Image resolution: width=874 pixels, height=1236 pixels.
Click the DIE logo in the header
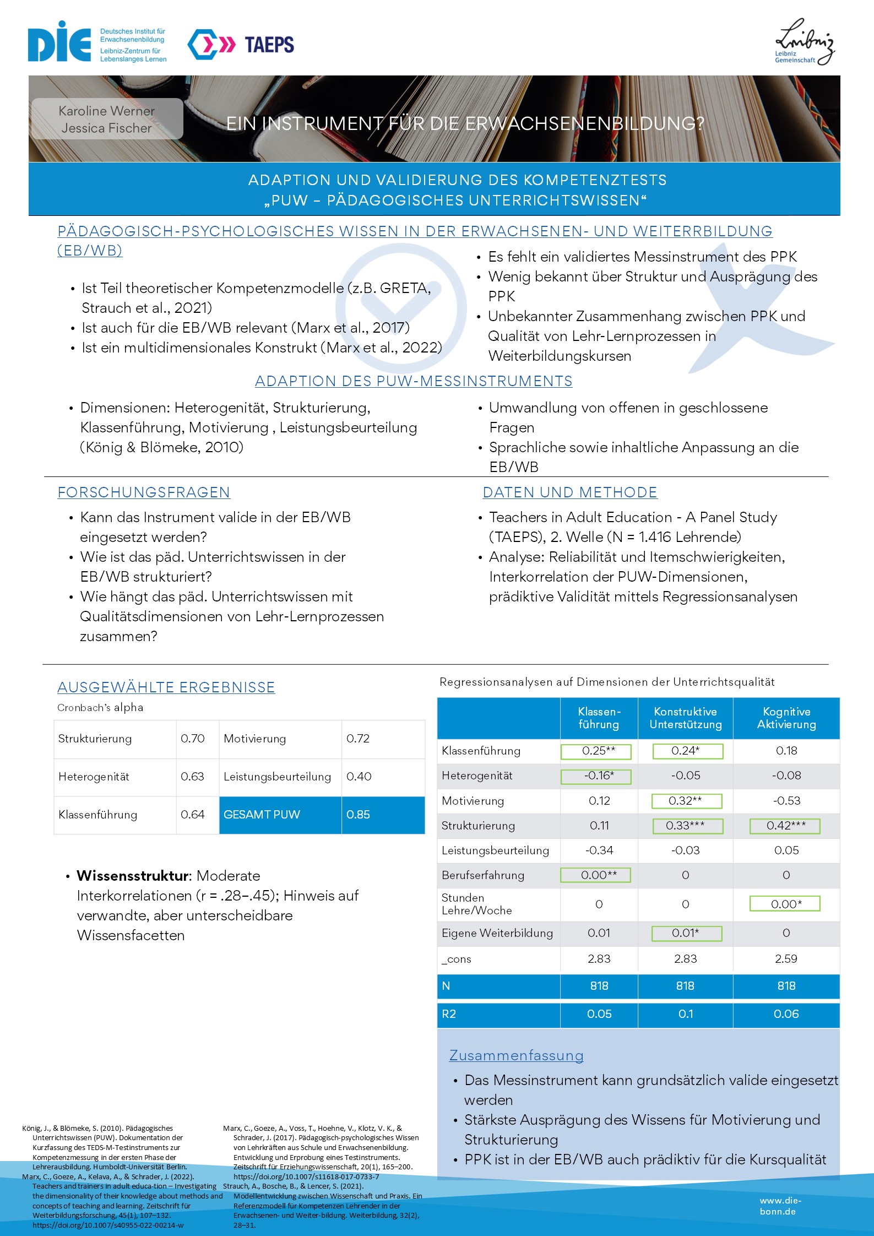pyautogui.click(x=59, y=43)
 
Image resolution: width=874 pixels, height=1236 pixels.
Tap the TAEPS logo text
pyautogui.click(x=269, y=45)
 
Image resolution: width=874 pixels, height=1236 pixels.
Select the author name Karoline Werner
pyautogui.click(x=107, y=111)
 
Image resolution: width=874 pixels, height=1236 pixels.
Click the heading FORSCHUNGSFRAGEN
pyautogui.click(x=144, y=492)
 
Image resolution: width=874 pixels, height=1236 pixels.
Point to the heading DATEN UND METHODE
pyautogui.click(x=570, y=492)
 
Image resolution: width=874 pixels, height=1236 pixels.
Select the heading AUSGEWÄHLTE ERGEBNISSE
pyautogui.click(x=166, y=687)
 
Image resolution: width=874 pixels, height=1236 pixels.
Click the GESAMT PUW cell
pyautogui.click(x=262, y=815)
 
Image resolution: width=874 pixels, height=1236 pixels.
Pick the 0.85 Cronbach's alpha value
pyautogui.click(x=359, y=815)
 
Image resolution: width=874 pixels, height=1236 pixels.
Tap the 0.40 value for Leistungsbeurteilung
pyautogui.click(x=359, y=777)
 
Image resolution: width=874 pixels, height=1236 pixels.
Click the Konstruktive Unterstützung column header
pyautogui.click(x=686, y=718)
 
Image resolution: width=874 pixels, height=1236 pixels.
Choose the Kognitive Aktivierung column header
pyautogui.click(x=786, y=718)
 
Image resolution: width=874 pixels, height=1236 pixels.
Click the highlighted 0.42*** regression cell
pyautogui.click(x=785, y=826)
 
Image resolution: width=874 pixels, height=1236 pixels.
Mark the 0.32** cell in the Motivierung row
pyautogui.click(x=686, y=801)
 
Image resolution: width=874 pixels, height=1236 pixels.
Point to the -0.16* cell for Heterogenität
pyautogui.click(x=599, y=776)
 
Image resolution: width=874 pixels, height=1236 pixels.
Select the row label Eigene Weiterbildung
pyautogui.click(x=497, y=933)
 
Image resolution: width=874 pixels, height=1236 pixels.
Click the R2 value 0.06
pyautogui.click(x=786, y=1014)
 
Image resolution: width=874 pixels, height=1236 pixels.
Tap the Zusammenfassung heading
pyautogui.click(x=517, y=1056)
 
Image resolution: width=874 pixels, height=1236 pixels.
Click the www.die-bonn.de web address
pyautogui.click(x=780, y=1206)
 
